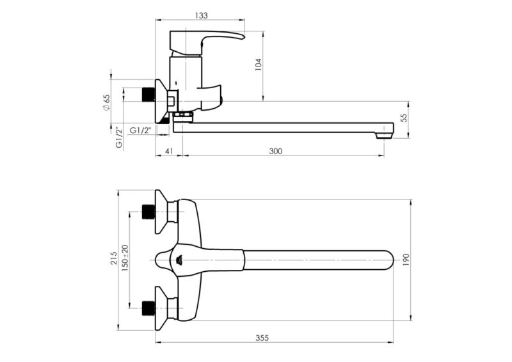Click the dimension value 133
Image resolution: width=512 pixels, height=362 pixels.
click(200, 14)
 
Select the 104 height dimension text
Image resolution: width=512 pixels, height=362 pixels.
click(259, 65)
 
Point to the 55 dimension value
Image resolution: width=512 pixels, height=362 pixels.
click(403, 118)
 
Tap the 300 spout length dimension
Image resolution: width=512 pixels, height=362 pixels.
click(276, 151)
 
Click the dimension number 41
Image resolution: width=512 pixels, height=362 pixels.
click(169, 151)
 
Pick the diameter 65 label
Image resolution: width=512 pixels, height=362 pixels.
click(106, 102)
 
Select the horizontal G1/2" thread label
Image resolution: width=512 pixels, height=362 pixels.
click(141, 130)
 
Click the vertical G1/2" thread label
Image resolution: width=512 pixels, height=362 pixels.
click(119, 137)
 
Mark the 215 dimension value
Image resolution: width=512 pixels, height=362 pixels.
click(114, 259)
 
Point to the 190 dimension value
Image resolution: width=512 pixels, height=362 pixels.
click(404, 259)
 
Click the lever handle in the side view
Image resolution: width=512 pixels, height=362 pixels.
click(218, 37)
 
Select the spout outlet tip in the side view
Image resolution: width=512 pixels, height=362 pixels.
click(384, 132)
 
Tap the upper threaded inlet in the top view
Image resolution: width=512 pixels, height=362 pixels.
click(148, 212)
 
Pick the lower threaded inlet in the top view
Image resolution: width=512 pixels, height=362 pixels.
click(148, 308)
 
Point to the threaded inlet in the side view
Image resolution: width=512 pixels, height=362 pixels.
click(148, 93)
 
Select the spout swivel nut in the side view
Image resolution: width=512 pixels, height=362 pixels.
click(183, 116)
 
